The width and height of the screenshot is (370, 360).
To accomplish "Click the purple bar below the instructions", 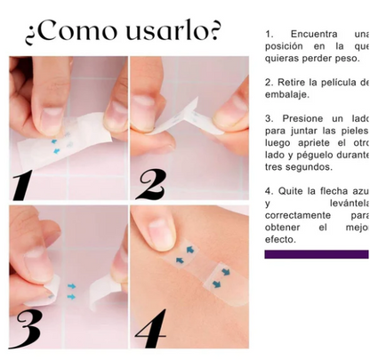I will click(x=316, y=254).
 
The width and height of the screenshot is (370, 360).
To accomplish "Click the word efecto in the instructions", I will click(x=280, y=239).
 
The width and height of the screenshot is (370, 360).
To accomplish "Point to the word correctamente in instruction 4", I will click(x=297, y=215).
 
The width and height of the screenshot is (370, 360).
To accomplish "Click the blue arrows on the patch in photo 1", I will click(x=56, y=147).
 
